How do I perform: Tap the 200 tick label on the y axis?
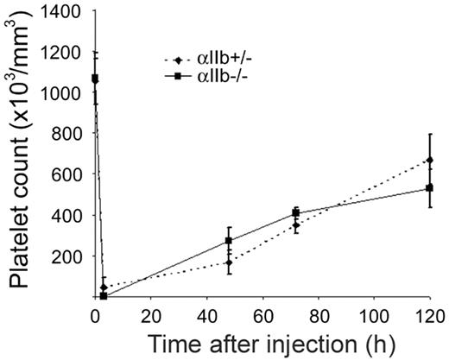[71, 256]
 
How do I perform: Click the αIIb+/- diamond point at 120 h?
[429, 161]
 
